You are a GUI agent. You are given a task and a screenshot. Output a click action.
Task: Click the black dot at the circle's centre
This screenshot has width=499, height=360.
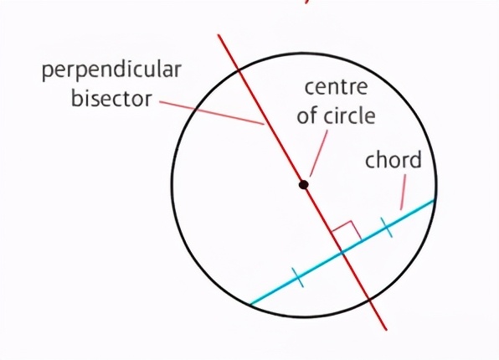point(304,185)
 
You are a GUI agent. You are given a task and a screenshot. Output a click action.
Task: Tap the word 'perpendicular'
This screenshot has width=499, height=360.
point(111,70)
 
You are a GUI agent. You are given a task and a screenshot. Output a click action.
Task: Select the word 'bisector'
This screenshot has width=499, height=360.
point(111,98)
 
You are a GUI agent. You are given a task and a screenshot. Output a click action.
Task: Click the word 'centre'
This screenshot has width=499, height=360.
point(336,88)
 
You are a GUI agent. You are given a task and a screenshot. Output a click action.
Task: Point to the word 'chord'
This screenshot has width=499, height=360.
point(394,159)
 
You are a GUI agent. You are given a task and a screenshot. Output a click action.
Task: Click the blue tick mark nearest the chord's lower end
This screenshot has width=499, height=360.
point(298,278)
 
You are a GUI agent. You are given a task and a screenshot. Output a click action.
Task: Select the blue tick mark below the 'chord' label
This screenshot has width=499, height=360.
point(386,227)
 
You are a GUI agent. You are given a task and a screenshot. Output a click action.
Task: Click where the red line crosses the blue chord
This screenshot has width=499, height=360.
point(342,253)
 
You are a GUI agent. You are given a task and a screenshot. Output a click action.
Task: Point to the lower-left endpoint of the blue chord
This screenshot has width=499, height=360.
point(250,304)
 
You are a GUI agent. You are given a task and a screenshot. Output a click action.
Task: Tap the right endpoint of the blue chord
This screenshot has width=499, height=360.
point(435,200)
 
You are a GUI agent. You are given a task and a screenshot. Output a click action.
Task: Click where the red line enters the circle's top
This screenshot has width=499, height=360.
point(239,71)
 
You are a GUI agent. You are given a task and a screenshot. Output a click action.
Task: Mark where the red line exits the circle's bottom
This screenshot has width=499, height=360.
point(369,300)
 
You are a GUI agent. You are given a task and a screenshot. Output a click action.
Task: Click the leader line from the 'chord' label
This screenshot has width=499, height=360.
point(404,192)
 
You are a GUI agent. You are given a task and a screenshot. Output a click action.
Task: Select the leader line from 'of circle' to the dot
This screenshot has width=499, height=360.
point(318,153)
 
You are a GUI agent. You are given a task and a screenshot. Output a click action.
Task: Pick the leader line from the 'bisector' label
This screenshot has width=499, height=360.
point(212,113)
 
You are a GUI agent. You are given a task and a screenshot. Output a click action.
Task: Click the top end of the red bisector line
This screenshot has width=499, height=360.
point(219,34)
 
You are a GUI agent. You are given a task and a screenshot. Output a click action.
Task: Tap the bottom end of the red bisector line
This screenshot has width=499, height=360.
point(387,330)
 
